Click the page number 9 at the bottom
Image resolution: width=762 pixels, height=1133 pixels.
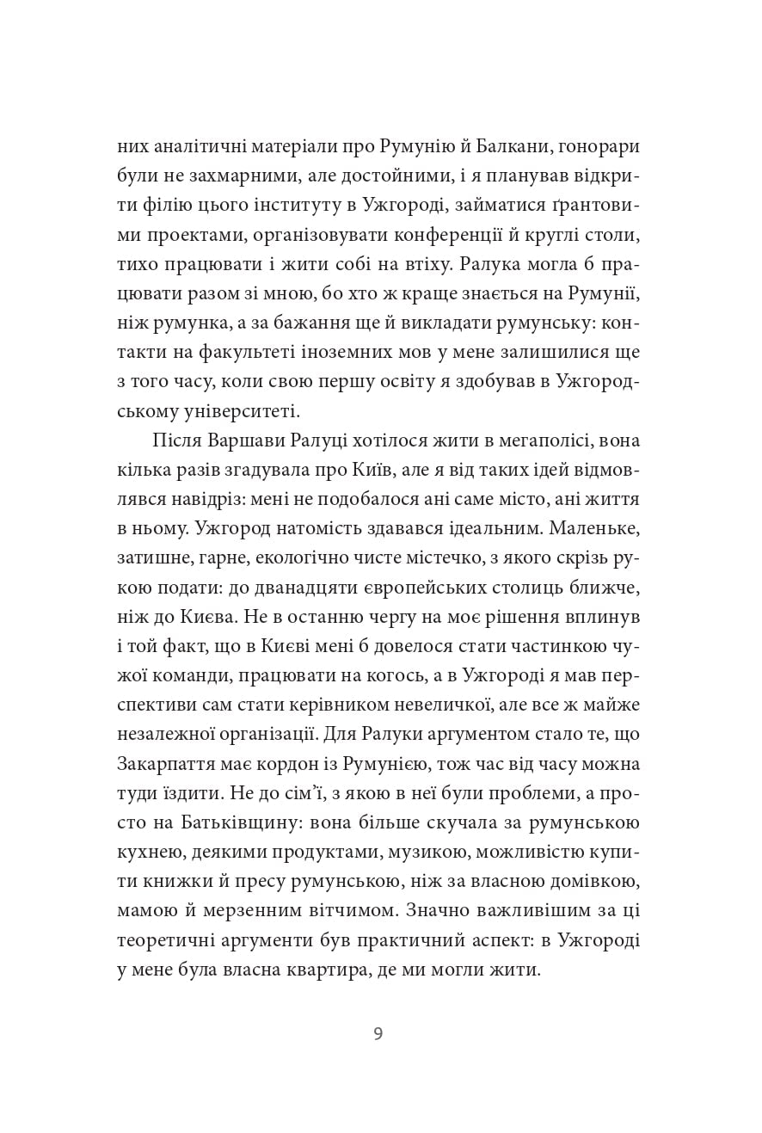378,1033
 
